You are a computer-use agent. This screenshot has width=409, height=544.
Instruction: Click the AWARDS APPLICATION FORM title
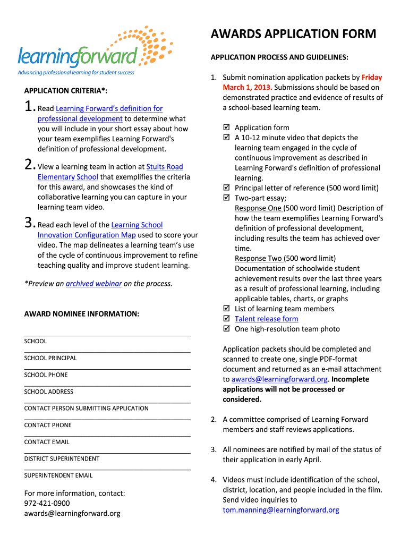293,35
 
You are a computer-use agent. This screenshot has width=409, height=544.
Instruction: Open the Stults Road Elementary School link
164,167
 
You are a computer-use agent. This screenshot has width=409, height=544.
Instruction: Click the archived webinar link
93,284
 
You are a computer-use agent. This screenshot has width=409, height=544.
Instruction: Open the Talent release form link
266,319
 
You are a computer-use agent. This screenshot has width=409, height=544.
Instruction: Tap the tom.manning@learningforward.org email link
280,510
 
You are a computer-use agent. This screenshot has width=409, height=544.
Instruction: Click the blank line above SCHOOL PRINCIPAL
107,351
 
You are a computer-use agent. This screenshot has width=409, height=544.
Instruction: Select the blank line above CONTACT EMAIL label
107,435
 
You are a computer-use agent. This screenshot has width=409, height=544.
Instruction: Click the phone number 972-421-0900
47,503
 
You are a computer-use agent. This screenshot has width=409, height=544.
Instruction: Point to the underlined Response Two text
258,259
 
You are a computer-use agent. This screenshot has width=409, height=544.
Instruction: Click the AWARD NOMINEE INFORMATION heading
82,314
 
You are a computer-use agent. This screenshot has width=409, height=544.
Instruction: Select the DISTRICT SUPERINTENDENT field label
62,459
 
